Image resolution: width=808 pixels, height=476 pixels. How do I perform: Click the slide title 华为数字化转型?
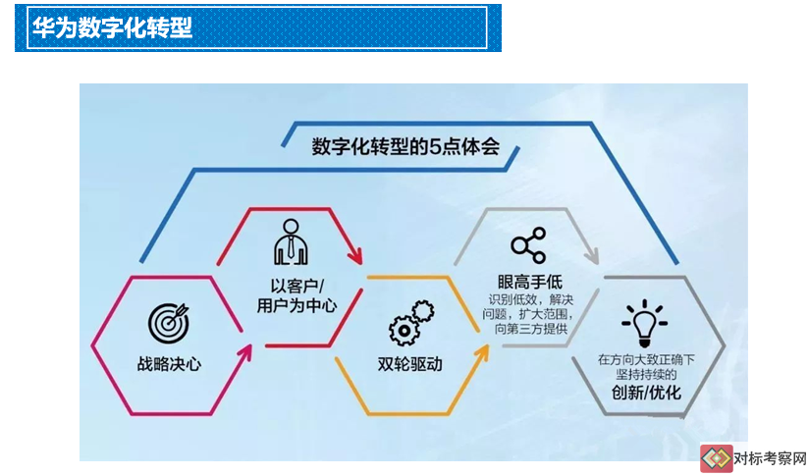112,27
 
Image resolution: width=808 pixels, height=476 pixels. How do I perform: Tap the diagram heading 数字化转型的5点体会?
405,146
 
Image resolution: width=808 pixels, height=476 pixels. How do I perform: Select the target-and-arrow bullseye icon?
169,323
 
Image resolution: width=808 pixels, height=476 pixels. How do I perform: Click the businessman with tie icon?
291,242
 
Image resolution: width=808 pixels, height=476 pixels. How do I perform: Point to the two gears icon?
411,323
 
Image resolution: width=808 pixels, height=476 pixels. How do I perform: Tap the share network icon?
528,245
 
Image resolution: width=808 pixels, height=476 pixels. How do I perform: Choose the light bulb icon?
644,324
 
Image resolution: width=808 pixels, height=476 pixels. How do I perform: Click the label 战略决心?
169,364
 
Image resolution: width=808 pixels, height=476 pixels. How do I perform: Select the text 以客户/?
297,286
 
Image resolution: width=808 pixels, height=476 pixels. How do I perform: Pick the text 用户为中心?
296,305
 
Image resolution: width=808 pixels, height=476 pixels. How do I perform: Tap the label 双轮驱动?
410,364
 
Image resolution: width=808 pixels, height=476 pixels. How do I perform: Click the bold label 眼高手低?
530,282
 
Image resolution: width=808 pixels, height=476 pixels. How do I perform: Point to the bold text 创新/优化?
646,393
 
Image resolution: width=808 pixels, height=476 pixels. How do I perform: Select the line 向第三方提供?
531,329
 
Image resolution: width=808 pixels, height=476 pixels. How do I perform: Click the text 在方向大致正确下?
646,359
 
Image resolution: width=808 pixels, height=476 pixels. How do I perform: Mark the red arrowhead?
355,253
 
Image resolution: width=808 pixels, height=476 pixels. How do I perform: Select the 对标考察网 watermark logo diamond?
717,458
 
